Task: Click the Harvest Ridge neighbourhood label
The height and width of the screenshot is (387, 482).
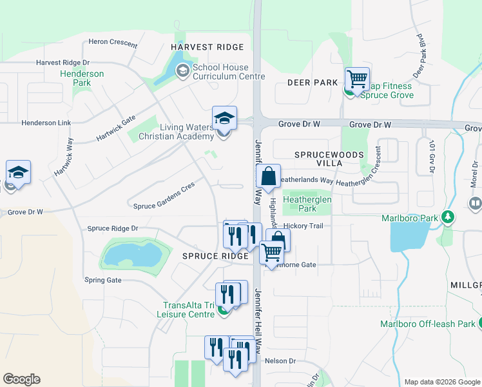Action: point(207,47)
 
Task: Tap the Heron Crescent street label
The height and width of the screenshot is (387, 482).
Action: point(113,43)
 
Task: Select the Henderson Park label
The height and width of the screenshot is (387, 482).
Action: point(82,78)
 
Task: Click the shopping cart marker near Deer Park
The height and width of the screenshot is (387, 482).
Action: point(357,79)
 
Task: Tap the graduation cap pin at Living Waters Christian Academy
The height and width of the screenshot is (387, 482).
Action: point(224,119)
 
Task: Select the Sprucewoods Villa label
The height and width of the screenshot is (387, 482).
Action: point(329,159)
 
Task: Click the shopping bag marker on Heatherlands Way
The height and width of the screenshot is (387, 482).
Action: point(268,175)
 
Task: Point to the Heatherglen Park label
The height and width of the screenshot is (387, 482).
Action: point(308,204)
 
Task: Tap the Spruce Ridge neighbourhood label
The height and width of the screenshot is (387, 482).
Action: point(215,256)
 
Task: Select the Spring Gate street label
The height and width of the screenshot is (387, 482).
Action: point(103,280)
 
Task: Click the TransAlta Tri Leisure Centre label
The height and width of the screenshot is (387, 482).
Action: point(188,310)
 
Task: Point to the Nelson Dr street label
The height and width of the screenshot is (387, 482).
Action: point(279,361)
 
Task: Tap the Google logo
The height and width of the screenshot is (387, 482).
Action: point(22,379)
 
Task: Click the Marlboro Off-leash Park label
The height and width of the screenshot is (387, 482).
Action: point(427,324)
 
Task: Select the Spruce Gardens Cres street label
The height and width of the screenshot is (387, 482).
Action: point(164,206)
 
